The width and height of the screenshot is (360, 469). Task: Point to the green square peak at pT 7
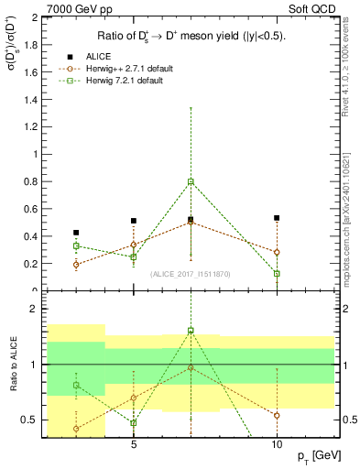[x=191, y=181]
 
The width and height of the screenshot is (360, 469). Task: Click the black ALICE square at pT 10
[x=277, y=218]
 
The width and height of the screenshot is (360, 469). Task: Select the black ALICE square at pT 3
[x=76, y=233]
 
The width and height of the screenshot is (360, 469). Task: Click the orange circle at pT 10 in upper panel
[x=277, y=252]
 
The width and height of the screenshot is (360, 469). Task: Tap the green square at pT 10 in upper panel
[x=277, y=273]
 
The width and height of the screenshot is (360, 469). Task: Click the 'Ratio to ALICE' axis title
[x=11, y=366]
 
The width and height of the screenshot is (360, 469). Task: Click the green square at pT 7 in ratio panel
[x=191, y=331]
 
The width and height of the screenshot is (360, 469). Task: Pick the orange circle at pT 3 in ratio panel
[x=76, y=428]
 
